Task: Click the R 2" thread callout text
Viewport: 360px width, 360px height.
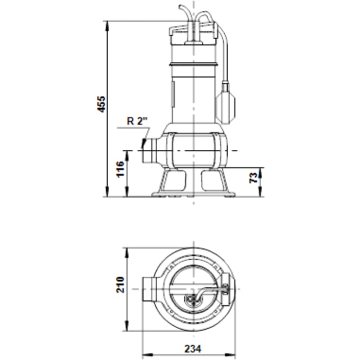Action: point(138,121)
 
